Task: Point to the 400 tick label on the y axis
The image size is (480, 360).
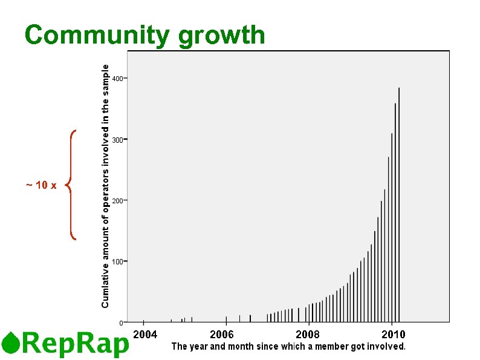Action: [x=118, y=79]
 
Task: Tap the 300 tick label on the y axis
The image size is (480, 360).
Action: [x=118, y=140]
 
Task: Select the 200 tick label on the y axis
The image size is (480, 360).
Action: [x=118, y=200]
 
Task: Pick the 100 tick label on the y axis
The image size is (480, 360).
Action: [x=118, y=261]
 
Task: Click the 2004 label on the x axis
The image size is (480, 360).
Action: [x=145, y=335]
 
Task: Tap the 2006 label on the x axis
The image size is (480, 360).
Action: [x=222, y=335]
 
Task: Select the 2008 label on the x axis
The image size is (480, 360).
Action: [x=308, y=335]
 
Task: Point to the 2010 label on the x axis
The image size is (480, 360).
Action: [x=393, y=335]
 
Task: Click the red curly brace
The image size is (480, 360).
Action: [x=71, y=185]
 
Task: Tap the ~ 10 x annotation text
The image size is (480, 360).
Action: [x=41, y=185]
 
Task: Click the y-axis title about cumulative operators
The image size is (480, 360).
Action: [x=105, y=186]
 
